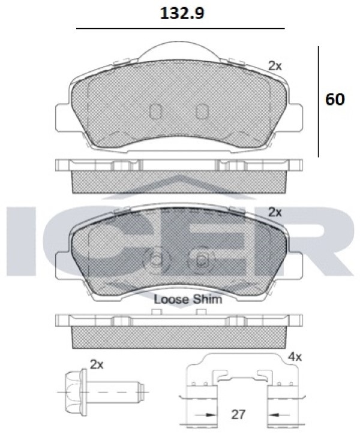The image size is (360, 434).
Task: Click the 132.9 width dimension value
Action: [x=182, y=13]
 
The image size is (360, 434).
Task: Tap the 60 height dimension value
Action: [x=335, y=100]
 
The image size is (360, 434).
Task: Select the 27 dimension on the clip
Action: [x=238, y=414]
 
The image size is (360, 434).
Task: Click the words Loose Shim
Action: [x=188, y=299]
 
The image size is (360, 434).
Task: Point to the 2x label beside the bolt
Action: [x=97, y=364]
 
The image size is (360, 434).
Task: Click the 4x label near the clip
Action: [x=295, y=357]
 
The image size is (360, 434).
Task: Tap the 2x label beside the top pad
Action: [x=275, y=66]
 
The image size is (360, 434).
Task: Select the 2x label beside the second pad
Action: [x=275, y=212]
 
